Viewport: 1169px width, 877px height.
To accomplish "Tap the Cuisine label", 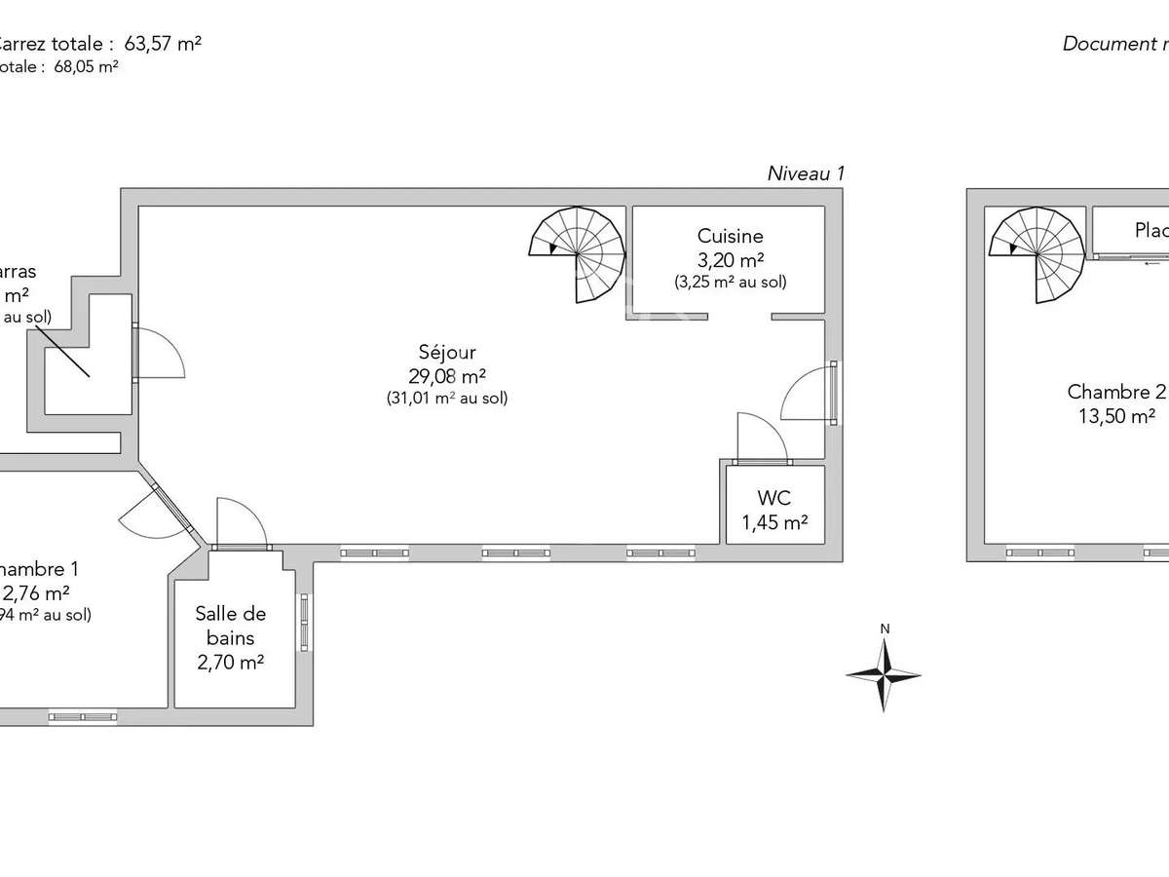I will pos(730,236).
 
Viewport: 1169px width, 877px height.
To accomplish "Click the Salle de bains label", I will pos(231,626).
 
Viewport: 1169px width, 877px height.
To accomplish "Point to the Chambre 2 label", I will pos(1115,392).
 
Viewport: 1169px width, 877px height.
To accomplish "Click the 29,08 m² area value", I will pos(448,375).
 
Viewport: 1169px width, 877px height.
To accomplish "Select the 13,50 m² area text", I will pos(1114,415).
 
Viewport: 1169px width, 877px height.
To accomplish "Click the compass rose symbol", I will pos(884,673).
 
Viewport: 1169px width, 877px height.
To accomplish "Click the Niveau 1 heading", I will pos(806,173).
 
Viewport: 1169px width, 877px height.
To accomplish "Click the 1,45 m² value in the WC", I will pos(775,523).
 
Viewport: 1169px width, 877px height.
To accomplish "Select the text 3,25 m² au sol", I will pos(730,282).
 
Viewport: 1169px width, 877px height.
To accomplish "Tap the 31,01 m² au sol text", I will pos(448,398).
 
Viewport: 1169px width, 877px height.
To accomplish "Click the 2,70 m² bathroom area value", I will pos(231,663).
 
